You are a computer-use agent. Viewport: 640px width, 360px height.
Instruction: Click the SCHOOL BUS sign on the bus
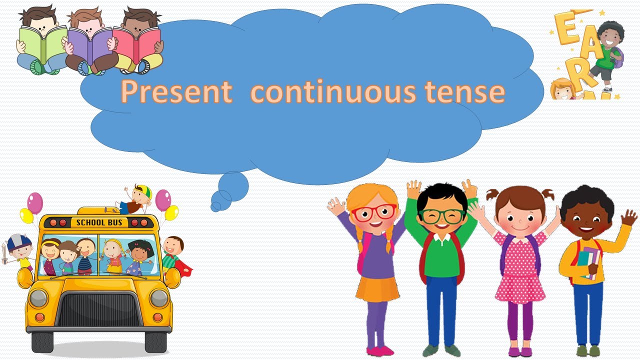pos(99,222)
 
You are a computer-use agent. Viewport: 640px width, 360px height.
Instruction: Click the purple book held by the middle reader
pos(90,43)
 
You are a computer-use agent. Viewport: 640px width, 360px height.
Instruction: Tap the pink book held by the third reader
pos(136,43)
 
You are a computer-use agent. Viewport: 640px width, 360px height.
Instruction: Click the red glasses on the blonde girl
pos(373,213)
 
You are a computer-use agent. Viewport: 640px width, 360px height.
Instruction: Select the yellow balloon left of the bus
pos(26,216)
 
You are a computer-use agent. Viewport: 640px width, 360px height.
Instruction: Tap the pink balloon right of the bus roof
pos(163,199)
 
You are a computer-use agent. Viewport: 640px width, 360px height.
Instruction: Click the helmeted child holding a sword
pos(18,250)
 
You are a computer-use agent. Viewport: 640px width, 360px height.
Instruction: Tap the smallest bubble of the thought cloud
pos(216,206)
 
